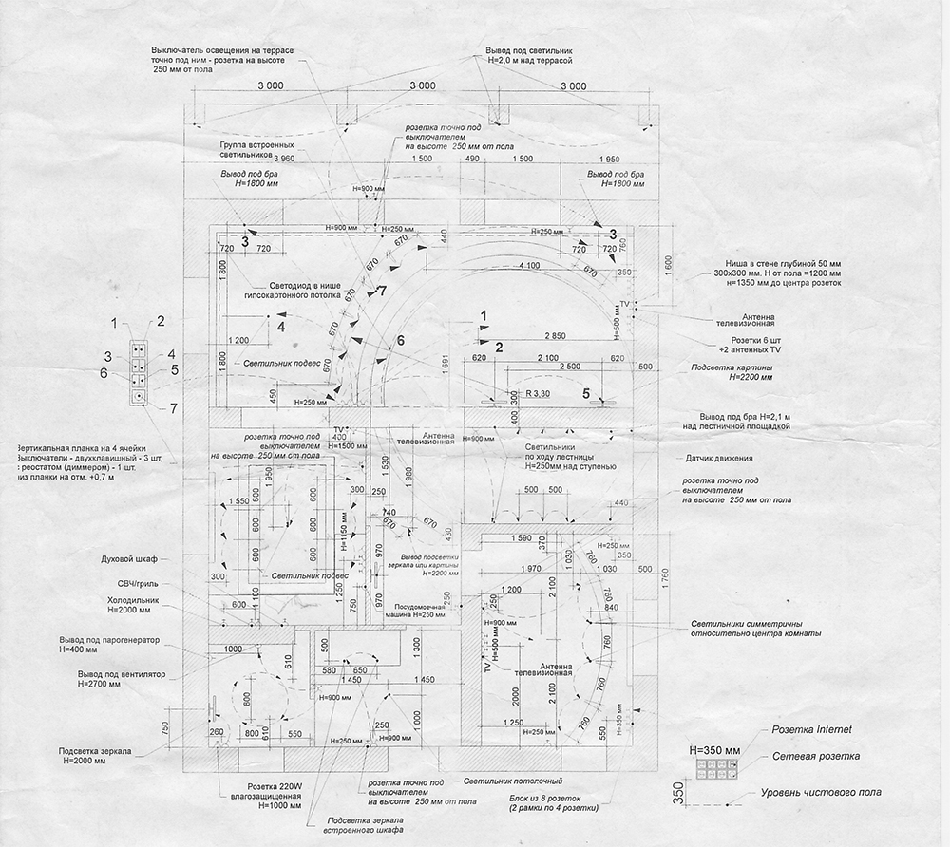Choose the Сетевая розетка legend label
click(x=816, y=757)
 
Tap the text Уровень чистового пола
click(x=823, y=792)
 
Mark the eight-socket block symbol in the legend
click(x=712, y=770)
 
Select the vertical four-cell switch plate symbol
click(x=139, y=371)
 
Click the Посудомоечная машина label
click(x=415, y=610)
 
